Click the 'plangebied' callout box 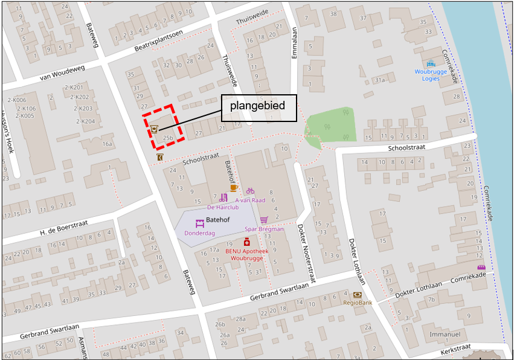click(x=257, y=106)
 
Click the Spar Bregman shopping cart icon click(x=264, y=220)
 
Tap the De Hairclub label click(x=223, y=207)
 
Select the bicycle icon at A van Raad click(x=250, y=191)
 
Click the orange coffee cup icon click(x=233, y=188)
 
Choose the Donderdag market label click(x=200, y=233)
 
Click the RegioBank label click(x=357, y=303)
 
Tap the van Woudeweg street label click(x=62, y=73)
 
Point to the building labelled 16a click(x=108, y=144)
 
